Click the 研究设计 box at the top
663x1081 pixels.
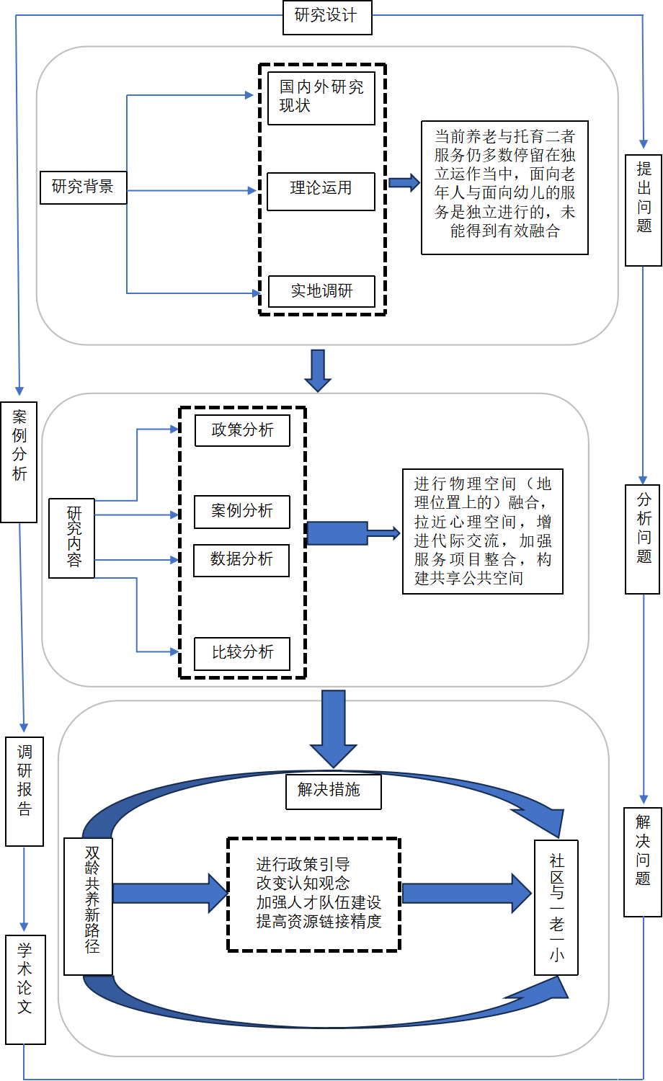(x=326, y=17)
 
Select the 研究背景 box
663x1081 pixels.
(x=83, y=187)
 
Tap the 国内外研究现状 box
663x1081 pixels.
(x=321, y=97)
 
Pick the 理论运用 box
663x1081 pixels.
(x=321, y=190)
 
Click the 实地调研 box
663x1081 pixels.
(x=321, y=291)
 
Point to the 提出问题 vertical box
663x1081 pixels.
(x=644, y=209)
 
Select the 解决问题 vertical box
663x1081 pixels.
(x=643, y=861)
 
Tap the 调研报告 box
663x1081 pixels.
(x=25, y=791)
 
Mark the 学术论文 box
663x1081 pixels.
(x=25, y=989)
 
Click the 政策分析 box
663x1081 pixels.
(x=242, y=430)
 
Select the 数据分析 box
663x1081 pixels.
(x=241, y=560)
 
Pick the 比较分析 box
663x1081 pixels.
(x=242, y=653)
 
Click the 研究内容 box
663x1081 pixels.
(x=72, y=538)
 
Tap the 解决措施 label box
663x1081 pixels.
(x=333, y=791)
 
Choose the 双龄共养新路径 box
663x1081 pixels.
(x=89, y=906)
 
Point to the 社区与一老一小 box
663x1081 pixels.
(x=556, y=907)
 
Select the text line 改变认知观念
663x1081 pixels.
(x=303, y=883)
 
